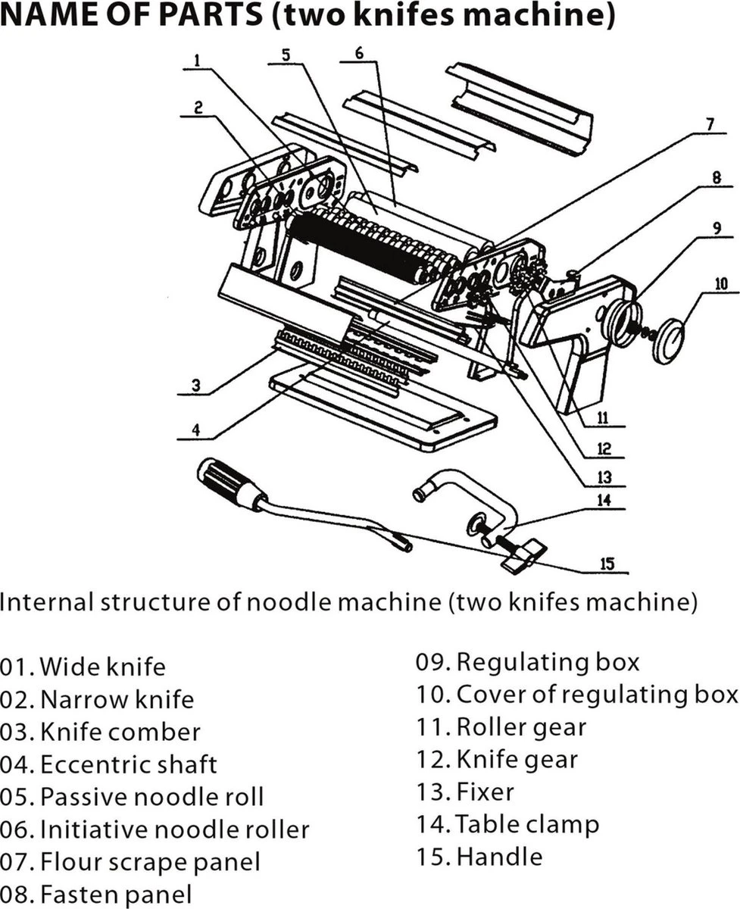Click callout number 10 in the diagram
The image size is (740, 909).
click(720, 285)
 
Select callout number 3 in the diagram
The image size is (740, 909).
click(195, 385)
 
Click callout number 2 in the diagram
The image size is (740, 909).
click(198, 108)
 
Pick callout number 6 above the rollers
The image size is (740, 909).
click(359, 53)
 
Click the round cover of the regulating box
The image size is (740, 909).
click(669, 342)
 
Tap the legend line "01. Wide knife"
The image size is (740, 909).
click(83, 667)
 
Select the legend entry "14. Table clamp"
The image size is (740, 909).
click(507, 824)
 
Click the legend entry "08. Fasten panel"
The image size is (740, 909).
click(96, 895)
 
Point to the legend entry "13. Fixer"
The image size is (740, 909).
click(464, 792)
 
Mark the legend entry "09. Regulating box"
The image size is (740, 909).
click(527, 662)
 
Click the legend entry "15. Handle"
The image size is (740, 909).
click(479, 857)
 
